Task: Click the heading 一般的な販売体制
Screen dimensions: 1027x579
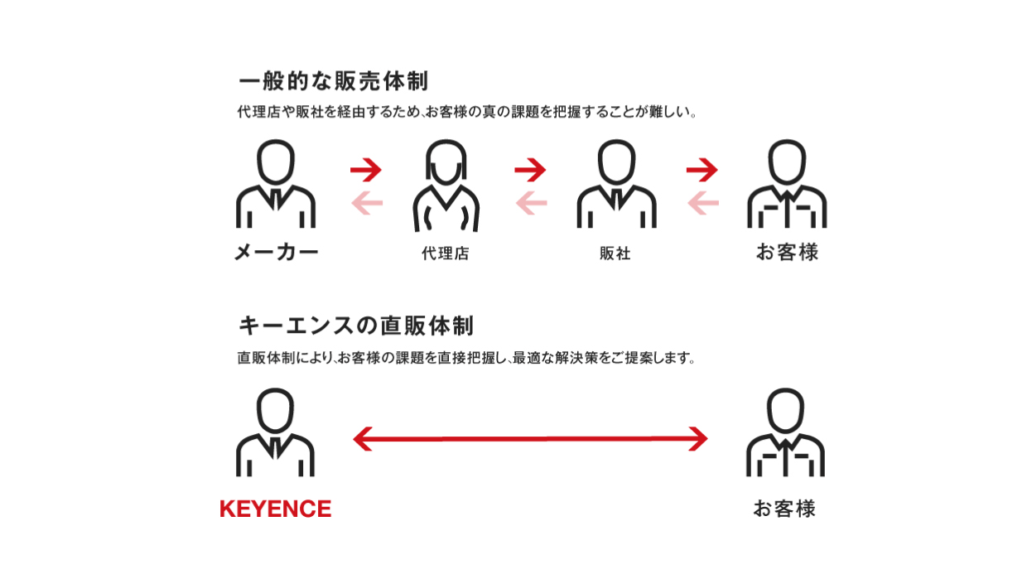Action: [x=333, y=81]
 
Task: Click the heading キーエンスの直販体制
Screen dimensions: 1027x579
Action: [x=356, y=326]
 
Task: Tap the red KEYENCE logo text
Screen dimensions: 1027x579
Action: [x=275, y=509]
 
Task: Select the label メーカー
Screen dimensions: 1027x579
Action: [x=276, y=252]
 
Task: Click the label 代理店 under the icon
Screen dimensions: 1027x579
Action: [x=446, y=253]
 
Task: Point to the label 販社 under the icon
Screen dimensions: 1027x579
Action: [x=615, y=253]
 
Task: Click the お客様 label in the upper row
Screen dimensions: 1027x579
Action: [x=787, y=252]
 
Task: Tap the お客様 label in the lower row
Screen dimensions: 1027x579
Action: [x=784, y=509]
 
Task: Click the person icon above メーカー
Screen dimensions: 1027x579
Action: [x=276, y=183]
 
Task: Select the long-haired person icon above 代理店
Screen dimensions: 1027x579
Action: [x=446, y=186]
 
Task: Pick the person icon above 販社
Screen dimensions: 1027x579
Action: [x=617, y=183]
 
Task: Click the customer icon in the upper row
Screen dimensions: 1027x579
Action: [x=787, y=183]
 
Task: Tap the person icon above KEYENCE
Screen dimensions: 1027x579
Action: [x=275, y=432]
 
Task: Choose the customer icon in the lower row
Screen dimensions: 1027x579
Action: [x=785, y=432]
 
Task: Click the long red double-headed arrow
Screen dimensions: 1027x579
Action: [x=530, y=439]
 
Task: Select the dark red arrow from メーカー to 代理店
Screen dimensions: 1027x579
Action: [x=366, y=170]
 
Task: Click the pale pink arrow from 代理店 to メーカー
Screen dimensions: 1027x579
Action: [x=367, y=203]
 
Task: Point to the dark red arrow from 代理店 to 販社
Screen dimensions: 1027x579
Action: [x=530, y=170]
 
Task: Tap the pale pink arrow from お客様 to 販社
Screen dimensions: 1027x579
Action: [x=703, y=203]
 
